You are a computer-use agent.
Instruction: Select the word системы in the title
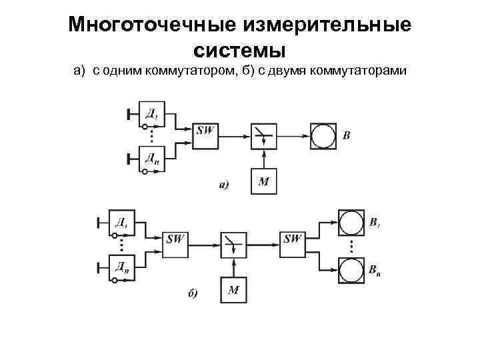239,50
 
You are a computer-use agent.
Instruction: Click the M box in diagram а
264,181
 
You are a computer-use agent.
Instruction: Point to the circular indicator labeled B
323,136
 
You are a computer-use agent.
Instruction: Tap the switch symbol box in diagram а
264,136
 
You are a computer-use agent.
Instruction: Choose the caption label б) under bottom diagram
192,295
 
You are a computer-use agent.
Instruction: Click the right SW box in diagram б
292,244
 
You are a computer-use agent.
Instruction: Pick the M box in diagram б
233,290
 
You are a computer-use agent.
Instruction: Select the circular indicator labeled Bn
350,269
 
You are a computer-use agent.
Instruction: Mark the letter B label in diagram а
346,136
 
